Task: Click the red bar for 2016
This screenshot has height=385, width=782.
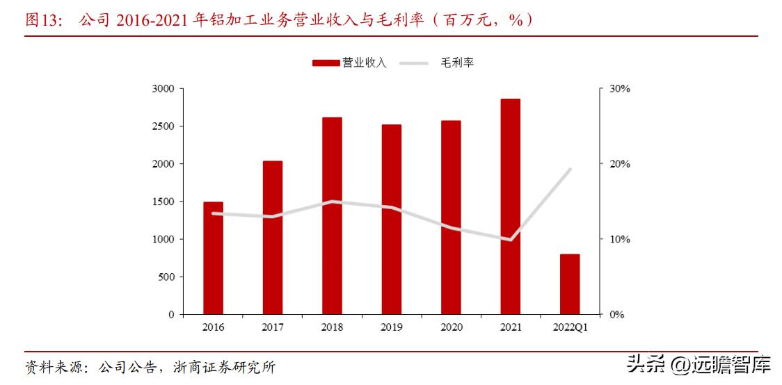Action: (x=213, y=258)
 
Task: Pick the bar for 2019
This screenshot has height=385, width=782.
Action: (x=391, y=219)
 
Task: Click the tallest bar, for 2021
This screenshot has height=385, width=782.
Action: (x=510, y=206)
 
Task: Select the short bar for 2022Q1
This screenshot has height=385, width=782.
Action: (x=570, y=284)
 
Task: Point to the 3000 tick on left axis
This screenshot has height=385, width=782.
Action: (x=164, y=89)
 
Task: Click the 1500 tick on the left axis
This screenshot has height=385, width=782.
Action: (x=164, y=202)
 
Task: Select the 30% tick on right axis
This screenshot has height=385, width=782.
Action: (x=619, y=89)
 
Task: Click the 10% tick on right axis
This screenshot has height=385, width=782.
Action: (x=619, y=239)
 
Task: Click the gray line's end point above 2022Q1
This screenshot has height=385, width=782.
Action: (x=570, y=169)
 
